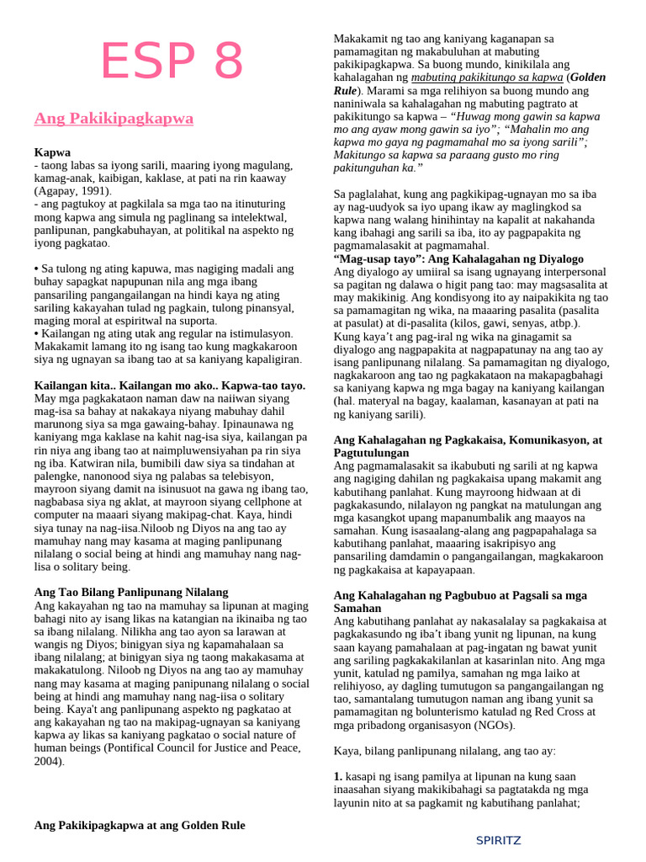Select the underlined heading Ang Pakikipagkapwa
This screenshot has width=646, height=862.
click(x=114, y=119)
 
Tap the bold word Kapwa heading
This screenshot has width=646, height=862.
click(x=52, y=152)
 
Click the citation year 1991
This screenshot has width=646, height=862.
click(x=97, y=191)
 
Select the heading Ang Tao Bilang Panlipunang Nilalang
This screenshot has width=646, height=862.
click(x=131, y=593)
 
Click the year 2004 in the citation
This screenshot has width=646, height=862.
click(x=48, y=762)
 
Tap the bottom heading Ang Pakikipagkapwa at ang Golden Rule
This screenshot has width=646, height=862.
click(x=140, y=825)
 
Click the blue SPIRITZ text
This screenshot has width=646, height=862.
click(x=498, y=840)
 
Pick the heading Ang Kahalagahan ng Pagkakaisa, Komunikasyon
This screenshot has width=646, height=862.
click(x=468, y=439)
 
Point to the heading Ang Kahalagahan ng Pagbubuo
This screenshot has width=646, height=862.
click(x=460, y=594)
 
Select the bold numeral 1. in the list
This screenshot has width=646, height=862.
click(x=338, y=776)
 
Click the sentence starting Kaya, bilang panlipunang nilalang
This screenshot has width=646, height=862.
click(x=444, y=751)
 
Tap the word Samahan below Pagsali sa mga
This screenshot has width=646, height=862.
click(x=357, y=608)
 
